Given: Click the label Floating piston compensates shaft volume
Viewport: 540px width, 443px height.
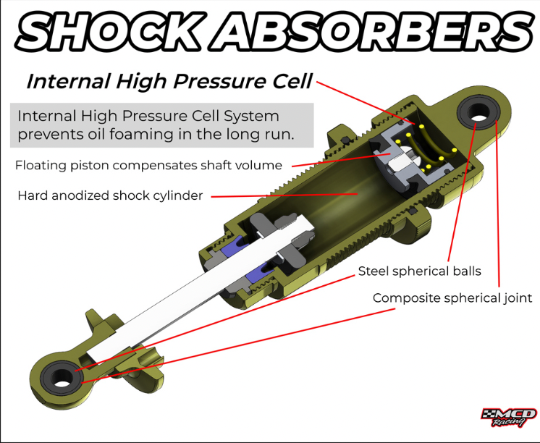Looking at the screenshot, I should pyautogui.click(x=148, y=165).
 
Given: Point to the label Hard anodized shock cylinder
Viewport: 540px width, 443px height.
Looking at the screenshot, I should pyautogui.click(x=110, y=195).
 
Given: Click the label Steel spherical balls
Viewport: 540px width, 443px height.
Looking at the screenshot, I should pyautogui.click(x=419, y=271).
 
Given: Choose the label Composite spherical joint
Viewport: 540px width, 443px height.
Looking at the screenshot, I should pyautogui.click(x=452, y=298).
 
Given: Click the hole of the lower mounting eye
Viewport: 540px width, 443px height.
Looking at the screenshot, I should pyautogui.click(x=62, y=376).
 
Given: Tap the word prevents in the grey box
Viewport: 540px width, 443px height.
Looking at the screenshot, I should pyautogui.click(x=48, y=134).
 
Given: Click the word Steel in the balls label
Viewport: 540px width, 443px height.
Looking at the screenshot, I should pyautogui.click(x=374, y=271).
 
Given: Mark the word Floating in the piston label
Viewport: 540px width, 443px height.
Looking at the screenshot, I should pyautogui.click(x=38, y=165).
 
